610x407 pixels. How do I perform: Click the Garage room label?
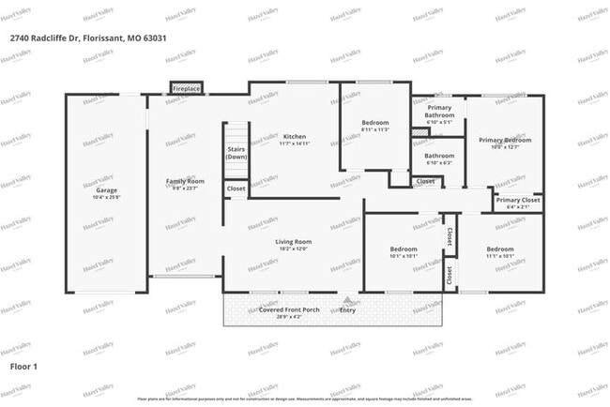(x=106, y=190)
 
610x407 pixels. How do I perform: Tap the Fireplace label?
(x=186, y=88)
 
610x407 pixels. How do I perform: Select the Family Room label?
(x=185, y=181)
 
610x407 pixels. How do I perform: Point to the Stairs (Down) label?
(x=236, y=153)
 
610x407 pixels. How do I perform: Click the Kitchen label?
(x=294, y=137)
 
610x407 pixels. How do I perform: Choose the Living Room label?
(x=293, y=241)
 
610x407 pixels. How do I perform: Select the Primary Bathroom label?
(x=439, y=112)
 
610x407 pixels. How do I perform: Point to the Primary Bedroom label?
(x=505, y=140)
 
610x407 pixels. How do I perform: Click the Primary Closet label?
(x=518, y=200)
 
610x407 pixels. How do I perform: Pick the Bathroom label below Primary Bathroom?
(x=439, y=156)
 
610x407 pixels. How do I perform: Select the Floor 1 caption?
(x=23, y=366)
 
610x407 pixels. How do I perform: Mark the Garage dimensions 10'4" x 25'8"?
(x=106, y=197)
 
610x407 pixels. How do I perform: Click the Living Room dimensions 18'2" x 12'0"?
(x=293, y=249)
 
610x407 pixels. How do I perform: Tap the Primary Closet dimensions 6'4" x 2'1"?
(x=518, y=207)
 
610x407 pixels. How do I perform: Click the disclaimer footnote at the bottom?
(x=305, y=399)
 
